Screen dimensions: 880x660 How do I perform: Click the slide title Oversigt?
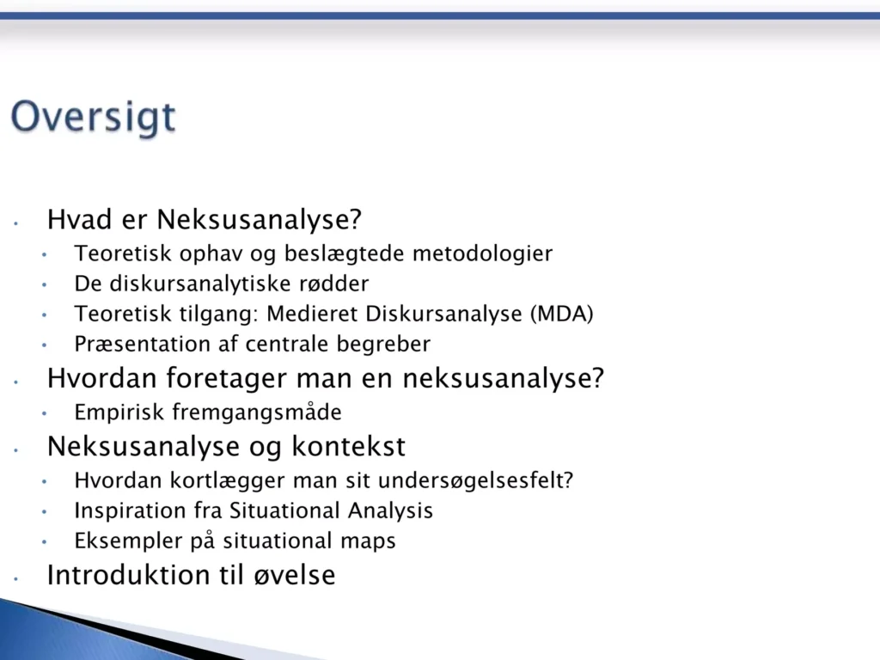93,117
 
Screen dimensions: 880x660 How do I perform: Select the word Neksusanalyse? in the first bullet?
260,219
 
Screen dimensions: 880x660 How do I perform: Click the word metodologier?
483,254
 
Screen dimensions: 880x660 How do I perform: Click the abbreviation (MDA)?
562,314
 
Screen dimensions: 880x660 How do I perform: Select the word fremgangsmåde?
257,412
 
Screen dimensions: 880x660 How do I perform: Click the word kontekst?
349,447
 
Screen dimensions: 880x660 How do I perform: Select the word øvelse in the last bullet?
295,575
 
